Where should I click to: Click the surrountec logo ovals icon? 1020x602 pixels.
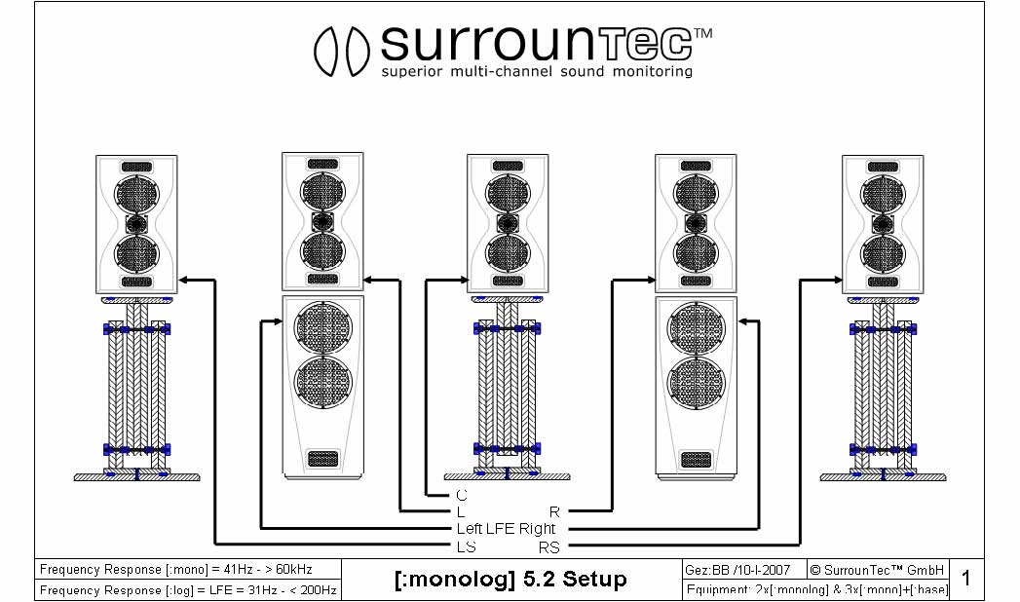tap(340, 50)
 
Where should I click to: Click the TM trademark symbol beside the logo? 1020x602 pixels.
tap(704, 34)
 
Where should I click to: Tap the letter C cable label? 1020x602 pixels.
tap(462, 496)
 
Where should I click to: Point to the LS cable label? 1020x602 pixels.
tap(466, 546)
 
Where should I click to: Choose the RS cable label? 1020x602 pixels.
tap(549, 546)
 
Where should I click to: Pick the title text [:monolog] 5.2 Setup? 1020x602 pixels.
tap(510, 580)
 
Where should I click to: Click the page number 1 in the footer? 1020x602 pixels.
tap(966, 579)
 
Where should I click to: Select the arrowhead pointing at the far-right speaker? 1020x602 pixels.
tap(837, 281)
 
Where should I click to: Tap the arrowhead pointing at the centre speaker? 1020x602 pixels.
tap(461, 281)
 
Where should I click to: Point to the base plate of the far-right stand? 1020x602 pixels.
tap(883, 477)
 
